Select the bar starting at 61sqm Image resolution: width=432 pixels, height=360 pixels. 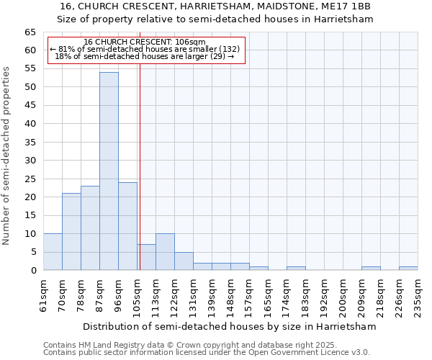(x=53, y=252)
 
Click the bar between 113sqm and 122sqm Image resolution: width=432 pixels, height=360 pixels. (x=165, y=252)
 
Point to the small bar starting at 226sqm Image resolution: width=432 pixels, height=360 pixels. (x=408, y=269)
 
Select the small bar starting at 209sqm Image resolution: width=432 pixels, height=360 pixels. (x=371, y=269)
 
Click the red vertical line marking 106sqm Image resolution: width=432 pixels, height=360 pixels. (x=140, y=166)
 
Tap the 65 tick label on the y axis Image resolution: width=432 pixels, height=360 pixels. (x=30, y=32)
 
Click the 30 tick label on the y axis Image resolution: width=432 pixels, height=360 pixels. (x=30, y=161)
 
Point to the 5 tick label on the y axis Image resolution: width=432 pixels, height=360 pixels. (x=33, y=252)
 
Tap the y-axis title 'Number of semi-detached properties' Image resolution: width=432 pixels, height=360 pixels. (x=7, y=156)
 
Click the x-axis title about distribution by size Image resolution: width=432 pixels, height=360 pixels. (x=230, y=326)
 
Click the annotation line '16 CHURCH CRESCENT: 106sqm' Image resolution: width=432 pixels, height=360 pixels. (x=145, y=42)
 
